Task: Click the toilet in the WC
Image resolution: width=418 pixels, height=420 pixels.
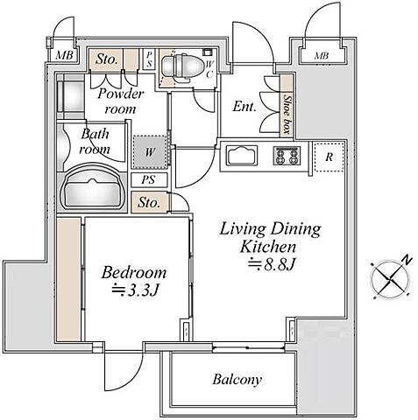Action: pyautogui.click(x=182, y=66)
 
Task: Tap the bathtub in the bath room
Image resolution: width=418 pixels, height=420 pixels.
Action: pyautogui.click(x=93, y=187)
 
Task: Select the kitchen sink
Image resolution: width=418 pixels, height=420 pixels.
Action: pyautogui.click(x=242, y=155)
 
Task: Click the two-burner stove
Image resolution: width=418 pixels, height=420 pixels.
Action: pyautogui.click(x=287, y=155)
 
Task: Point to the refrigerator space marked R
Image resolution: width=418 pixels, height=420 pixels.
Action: pyautogui.click(x=329, y=157)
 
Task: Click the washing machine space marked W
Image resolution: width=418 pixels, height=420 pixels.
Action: pyautogui.click(x=150, y=152)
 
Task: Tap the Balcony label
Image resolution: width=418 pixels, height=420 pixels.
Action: pyautogui.click(x=237, y=380)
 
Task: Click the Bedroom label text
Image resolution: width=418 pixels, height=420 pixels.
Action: pyautogui.click(x=134, y=272)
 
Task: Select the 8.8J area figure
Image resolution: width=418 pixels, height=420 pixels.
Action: pyautogui.click(x=273, y=264)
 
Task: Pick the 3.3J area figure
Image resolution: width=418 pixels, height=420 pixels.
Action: pyautogui.click(x=136, y=290)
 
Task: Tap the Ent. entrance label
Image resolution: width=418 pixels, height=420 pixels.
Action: pyautogui.click(x=244, y=107)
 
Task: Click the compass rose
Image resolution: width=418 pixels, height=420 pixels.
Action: pyautogui.click(x=391, y=279)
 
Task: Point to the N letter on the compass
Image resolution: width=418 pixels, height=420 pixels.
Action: pyautogui.click(x=407, y=259)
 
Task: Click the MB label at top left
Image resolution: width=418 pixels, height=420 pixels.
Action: pyautogui.click(x=64, y=55)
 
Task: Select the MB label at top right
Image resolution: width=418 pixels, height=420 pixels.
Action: pyautogui.click(x=322, y=55)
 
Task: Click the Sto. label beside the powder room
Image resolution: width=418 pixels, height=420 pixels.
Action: pyautogui.click(x=107, y=59)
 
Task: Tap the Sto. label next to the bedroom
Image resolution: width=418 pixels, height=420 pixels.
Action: pyautogui.click(x=149, y=202)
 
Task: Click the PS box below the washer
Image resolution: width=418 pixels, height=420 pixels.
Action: pyautogui.click(x=149, y=179)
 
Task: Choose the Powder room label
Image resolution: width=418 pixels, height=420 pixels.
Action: pyautogui.click(x=121, y=101)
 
